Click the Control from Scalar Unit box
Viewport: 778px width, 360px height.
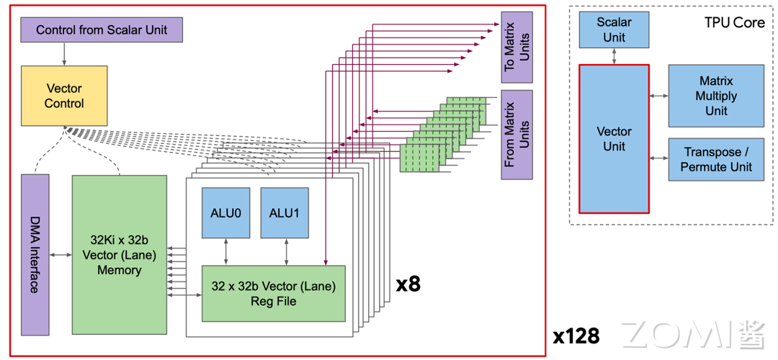pos(101,30)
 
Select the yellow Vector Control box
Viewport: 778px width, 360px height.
pos(64,96)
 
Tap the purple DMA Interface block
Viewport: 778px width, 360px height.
pos(35,254)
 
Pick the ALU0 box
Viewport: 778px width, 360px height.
pos(225,212)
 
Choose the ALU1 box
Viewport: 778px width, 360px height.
pos(284,212)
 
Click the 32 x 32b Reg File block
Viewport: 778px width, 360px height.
pos(273,293)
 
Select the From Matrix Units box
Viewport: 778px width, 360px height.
pos(517,134)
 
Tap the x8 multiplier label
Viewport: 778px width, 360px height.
pos(408,284)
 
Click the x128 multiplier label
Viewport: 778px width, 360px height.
pos(576,336)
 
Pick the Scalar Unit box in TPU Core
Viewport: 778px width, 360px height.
pos(614,30)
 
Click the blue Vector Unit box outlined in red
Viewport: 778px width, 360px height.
pos(614,139)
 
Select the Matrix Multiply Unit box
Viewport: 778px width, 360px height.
pos(716,96)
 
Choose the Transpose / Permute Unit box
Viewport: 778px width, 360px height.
pos(716,159)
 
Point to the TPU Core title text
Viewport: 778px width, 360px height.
pos(733,22)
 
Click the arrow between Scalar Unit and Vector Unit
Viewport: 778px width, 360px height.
pos(614,56)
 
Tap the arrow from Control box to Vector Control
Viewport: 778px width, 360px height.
pos(64,53)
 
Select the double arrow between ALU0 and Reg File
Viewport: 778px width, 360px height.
pos(226,251)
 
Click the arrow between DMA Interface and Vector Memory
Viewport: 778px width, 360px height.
pos(61,254)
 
